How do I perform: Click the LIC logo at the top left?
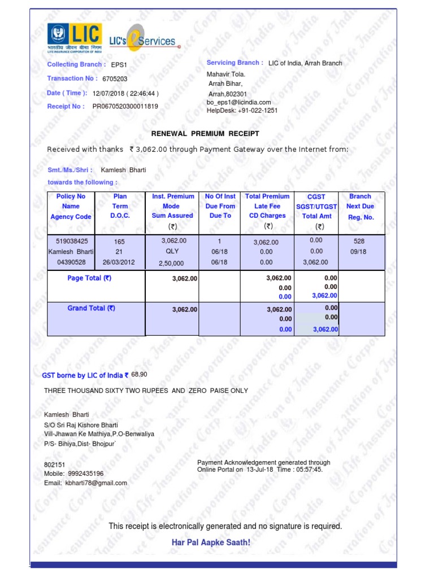click(x=74, y=38)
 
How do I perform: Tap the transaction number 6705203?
click(x=115, y=80)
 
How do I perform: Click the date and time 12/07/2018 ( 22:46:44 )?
click(x=125, y=93)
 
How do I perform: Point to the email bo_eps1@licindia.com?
click(x=235, y=102)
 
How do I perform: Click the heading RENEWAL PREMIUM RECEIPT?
click(x=205, y=133)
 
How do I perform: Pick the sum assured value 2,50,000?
click(x=171, y=263)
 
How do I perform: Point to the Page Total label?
click(x=89, y=278)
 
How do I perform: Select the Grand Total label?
click(x=91, y=308)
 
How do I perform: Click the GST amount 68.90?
click(x=139, y=375)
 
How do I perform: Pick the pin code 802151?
click(x=55, y=464)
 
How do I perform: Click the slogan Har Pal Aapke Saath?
click(x=211, y=542)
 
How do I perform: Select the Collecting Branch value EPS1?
click(x=119, y=65)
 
